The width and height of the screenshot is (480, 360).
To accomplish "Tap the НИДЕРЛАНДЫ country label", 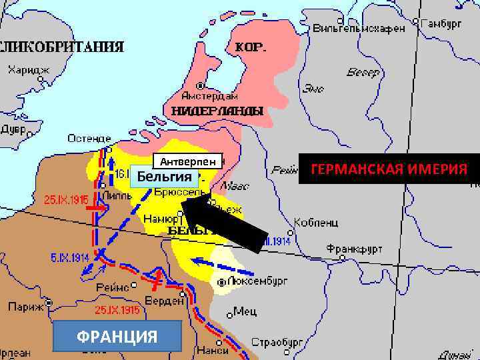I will click(x=217, y=111).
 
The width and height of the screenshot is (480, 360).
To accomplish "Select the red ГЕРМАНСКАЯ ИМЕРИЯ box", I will click(x=389, y=169).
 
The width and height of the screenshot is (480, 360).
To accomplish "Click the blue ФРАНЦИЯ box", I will click(x=117, y=335).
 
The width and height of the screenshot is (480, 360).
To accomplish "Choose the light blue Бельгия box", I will click(x=164, y=177).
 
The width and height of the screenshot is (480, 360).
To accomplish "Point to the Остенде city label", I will click(x=89, y=139).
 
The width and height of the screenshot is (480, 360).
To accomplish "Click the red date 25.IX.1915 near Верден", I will click(x=117, y=310).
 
